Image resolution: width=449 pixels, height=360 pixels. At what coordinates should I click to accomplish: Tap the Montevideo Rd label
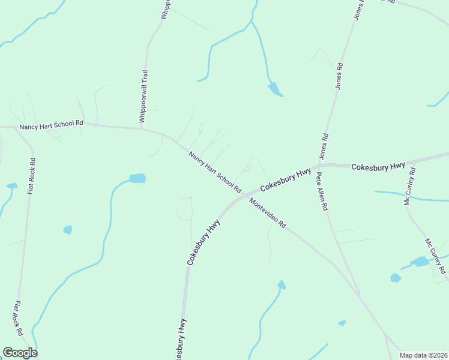pos(268,213)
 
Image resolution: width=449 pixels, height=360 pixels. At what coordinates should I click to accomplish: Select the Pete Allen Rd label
pos(322,191)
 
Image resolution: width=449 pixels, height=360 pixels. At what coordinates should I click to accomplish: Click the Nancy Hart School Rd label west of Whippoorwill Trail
pos(51,125)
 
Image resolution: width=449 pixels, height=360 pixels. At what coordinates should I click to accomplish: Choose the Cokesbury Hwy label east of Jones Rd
pos(378,166)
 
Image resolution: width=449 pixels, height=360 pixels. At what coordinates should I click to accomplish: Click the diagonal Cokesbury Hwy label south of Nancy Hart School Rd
pos(203,242)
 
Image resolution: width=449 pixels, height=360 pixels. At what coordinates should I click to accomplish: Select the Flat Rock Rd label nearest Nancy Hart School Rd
pos(31,176)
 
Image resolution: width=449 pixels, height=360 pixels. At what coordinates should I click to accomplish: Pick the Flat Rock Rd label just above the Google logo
pos(18,318)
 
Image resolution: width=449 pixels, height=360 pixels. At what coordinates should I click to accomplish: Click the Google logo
pos(20,353)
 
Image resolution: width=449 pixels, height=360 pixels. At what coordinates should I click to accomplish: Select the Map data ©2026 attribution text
pos(423,355)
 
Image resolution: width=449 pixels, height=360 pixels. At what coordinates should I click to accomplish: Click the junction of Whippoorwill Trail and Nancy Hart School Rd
pos(142,128)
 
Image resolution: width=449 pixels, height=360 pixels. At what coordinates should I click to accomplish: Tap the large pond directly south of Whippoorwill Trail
pos(137,178)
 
